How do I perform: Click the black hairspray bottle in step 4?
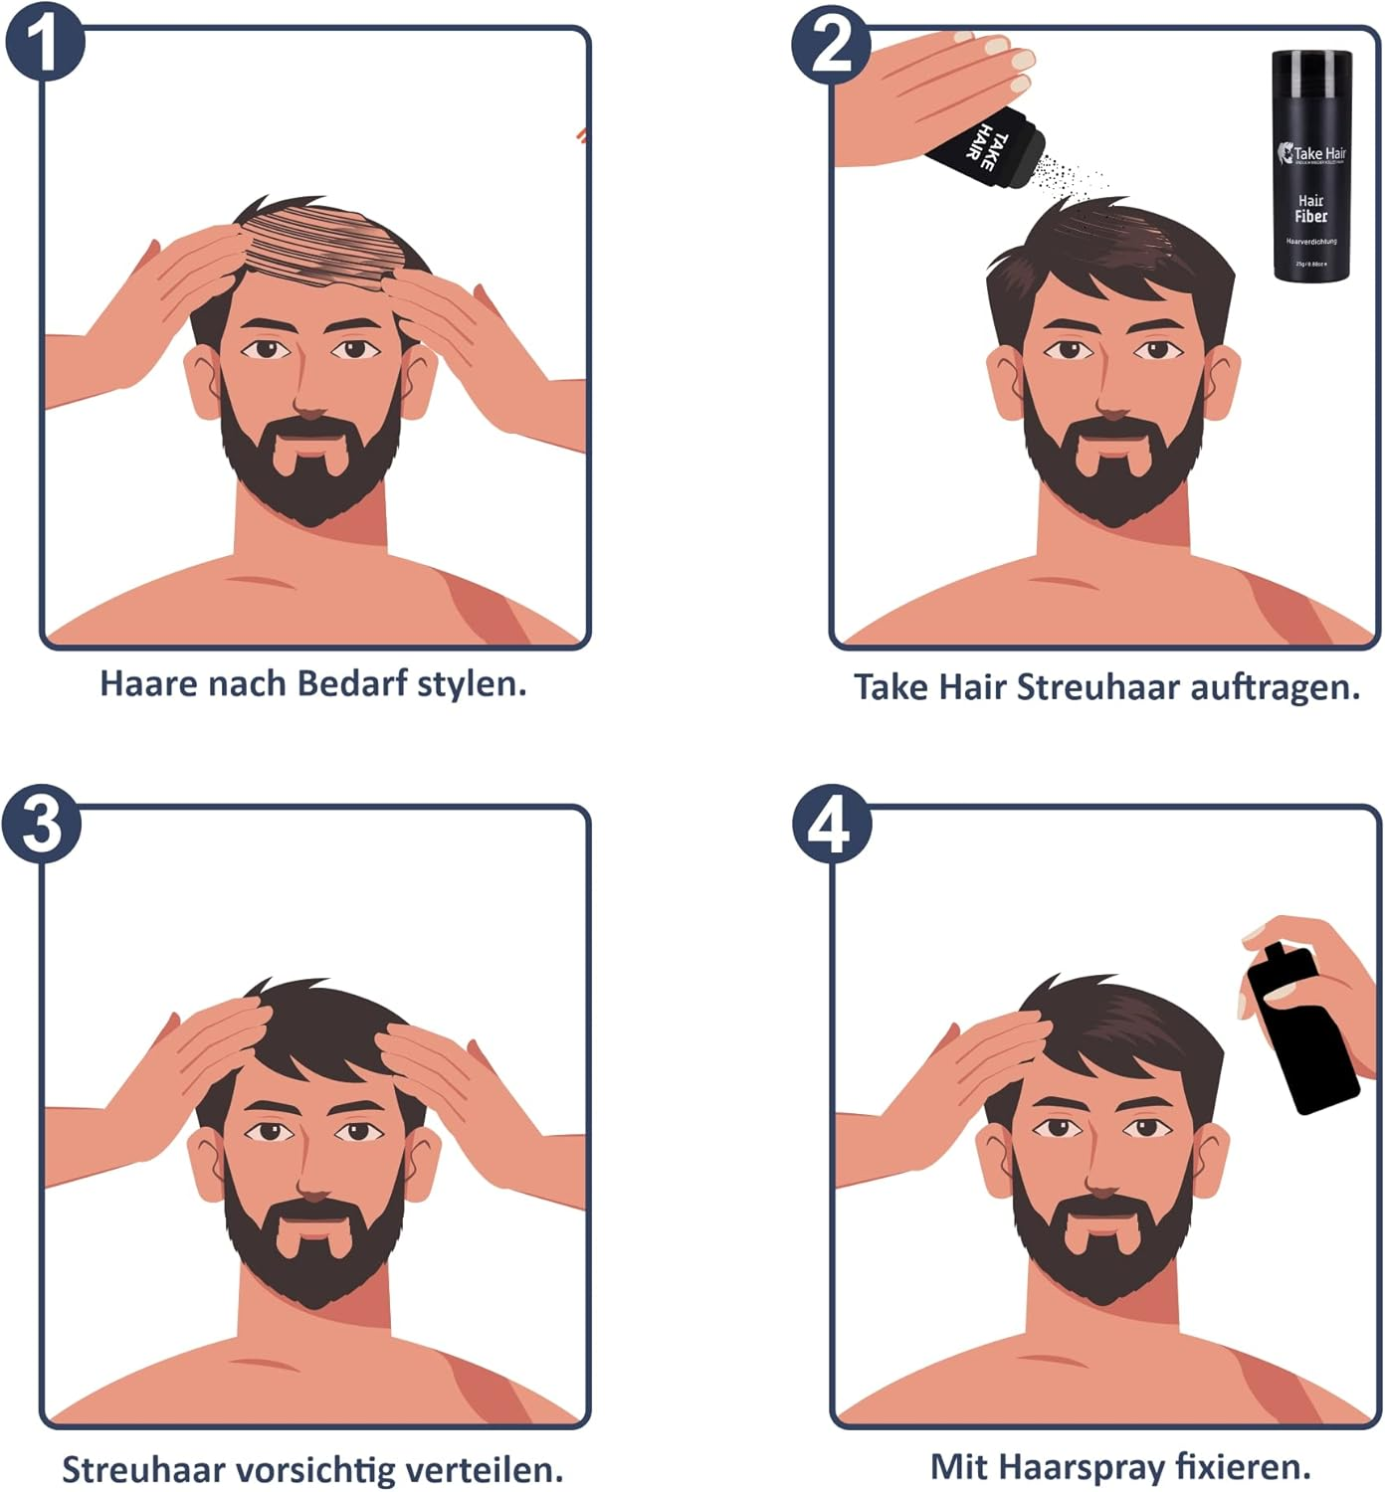pyautogui.click(x=1301, y=1029)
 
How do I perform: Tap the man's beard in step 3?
pyautogui.click(x=313, y=1253)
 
